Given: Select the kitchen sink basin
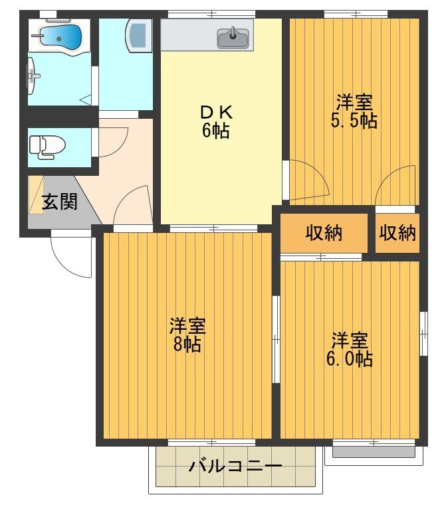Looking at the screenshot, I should tap(233, 38).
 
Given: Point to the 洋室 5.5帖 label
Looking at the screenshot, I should tap(354, 111).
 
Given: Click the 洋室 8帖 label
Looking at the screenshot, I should tap(187, 335).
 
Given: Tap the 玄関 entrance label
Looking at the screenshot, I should tap(60, 202).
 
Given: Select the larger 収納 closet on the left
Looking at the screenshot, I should tap(324, 233).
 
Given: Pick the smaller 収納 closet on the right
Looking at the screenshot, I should tap(397, 233).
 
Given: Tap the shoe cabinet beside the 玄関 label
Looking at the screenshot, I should tap(35, 194).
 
